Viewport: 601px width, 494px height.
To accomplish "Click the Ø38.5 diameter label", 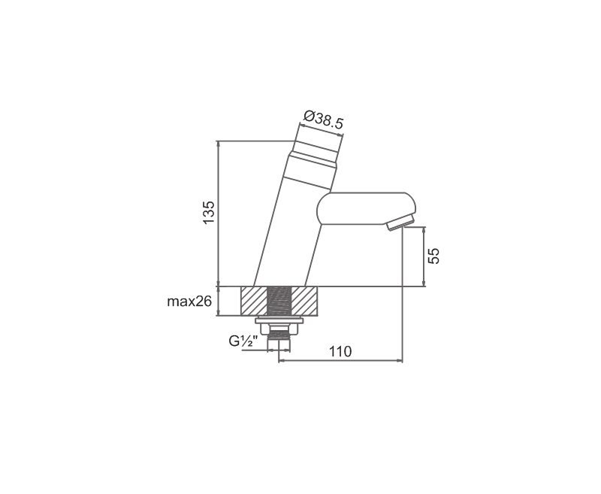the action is coord(323,120).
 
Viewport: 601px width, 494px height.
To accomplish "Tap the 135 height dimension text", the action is coord(209,213).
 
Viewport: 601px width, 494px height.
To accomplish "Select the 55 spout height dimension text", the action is coord(433,256).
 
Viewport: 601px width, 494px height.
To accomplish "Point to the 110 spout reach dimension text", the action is coord(340,351).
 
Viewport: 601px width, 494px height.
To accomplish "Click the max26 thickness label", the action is coord(189,302).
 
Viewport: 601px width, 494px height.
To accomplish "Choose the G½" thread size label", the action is coord(243,341).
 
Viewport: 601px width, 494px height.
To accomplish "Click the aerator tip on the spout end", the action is coord(400,223).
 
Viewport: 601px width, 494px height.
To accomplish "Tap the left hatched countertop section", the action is coord(253,301).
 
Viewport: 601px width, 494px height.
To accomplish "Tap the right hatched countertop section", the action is coord(305,301).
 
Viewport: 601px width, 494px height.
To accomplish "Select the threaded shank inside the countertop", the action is coord(279,301).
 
